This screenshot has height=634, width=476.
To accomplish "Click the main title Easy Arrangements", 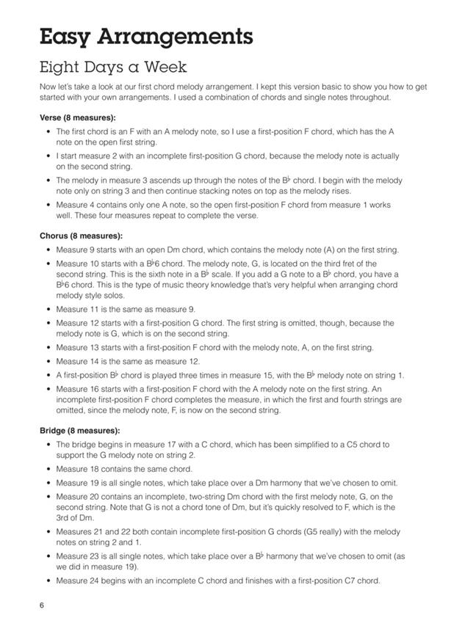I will point(146,37).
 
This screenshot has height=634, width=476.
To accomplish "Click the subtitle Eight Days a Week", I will point(114,68).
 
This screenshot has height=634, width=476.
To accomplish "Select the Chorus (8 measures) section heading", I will point(82,236).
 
